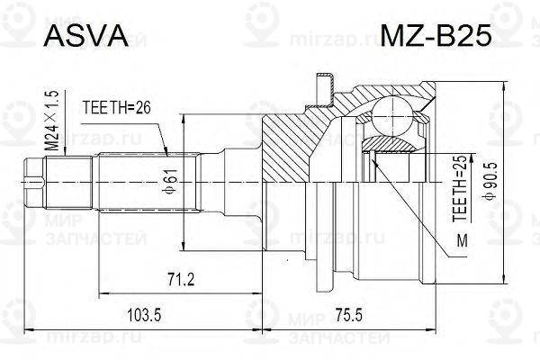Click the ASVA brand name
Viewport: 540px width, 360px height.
86,36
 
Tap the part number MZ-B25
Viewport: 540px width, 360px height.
436,36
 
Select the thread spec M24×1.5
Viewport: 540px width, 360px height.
53,121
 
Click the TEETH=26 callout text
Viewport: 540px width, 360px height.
117,108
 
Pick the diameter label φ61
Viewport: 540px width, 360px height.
172,182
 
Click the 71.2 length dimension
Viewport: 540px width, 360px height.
181,279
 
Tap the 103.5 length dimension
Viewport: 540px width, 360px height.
144,315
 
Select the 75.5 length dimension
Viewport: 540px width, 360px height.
347,315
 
